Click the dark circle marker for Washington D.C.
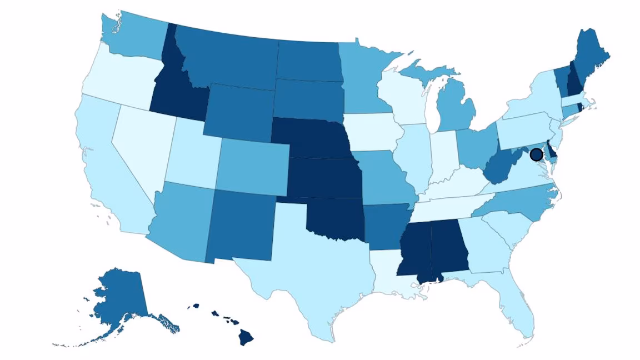click(x=536, y=154)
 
